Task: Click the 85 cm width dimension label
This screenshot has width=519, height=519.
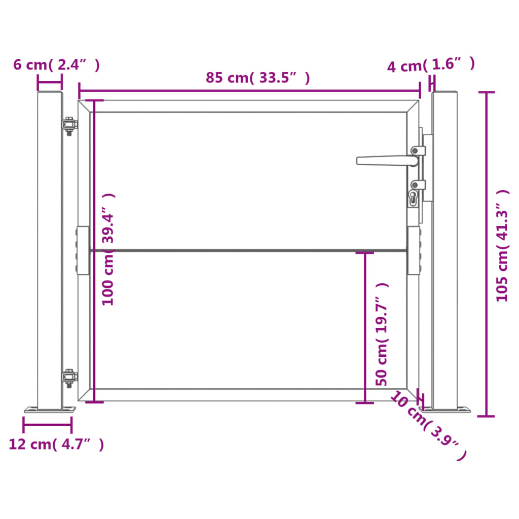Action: [x=257, y=78]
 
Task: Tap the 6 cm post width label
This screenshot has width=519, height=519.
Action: [x=56, y=65]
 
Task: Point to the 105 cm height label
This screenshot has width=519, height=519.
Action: [x=502, y=246]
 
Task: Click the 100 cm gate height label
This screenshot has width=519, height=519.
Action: [x=108, y=249]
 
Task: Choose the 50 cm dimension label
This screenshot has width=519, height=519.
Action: [x=382, y=335]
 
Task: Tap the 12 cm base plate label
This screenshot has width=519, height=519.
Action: [x=56, y=444]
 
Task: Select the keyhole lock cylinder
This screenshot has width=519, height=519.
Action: [x=413, y=198]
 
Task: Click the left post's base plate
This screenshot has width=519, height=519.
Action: [x=50, y=410]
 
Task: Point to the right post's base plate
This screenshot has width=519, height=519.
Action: [x=446, y=409]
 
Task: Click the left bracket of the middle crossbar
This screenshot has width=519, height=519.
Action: [x=83, y=250]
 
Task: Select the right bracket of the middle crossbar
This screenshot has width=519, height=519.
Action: [x=414, y=250]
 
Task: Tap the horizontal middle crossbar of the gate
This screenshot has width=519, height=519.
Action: [x=248, y=250]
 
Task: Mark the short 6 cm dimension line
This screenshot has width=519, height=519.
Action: [x=50, y=82]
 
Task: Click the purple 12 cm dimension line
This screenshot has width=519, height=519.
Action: [x=47, y=425]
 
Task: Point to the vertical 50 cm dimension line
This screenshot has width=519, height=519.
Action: [x=365, y=327]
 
